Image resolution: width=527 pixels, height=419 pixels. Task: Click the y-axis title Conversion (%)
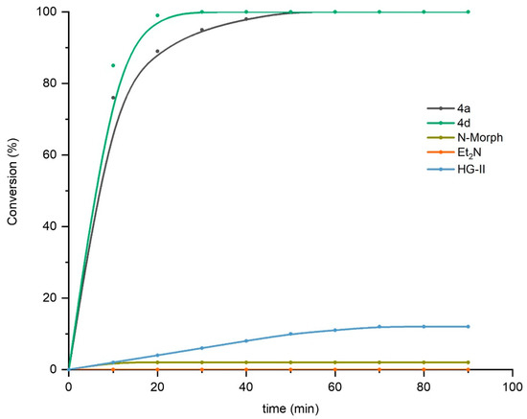[13, 190]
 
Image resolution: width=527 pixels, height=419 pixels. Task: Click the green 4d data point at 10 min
[113, 65]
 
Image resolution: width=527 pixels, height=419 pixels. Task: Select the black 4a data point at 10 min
[113, 98]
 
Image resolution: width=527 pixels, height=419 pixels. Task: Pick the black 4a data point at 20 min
[157, 51]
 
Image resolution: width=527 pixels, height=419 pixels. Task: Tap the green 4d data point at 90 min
[468, 12]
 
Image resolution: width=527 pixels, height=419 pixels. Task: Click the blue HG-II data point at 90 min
[468, 326]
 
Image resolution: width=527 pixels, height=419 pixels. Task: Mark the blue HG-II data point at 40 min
[246, 340]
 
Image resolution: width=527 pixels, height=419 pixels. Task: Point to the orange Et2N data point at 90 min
[468, 369]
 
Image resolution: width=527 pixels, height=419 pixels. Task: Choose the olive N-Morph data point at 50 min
[290, 362]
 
